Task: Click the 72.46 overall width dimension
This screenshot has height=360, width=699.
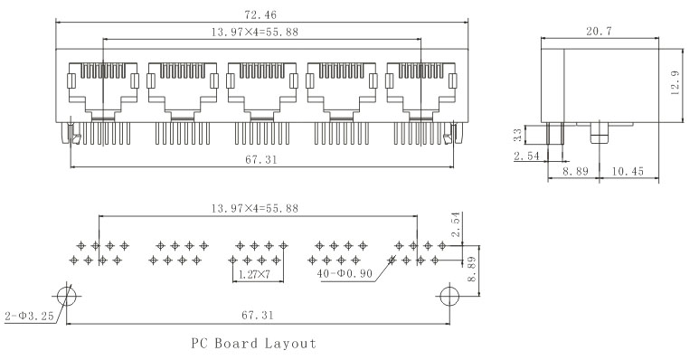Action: coord(260,14)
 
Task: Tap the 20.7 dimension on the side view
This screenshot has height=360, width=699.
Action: coord(600,32)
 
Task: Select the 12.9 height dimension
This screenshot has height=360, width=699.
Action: coord(675,82)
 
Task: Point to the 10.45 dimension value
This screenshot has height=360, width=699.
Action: coord(628,171)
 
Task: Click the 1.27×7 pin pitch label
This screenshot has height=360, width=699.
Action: coord(254,274)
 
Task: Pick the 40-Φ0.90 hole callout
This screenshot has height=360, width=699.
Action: coord(345,273)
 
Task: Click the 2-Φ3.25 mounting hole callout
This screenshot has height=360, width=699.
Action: coord(29,317)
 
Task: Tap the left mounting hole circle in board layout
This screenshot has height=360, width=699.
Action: coord(67,296)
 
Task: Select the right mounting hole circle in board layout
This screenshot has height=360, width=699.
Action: coord(449,296)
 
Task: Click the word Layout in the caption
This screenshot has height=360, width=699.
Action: coord(290,344)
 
